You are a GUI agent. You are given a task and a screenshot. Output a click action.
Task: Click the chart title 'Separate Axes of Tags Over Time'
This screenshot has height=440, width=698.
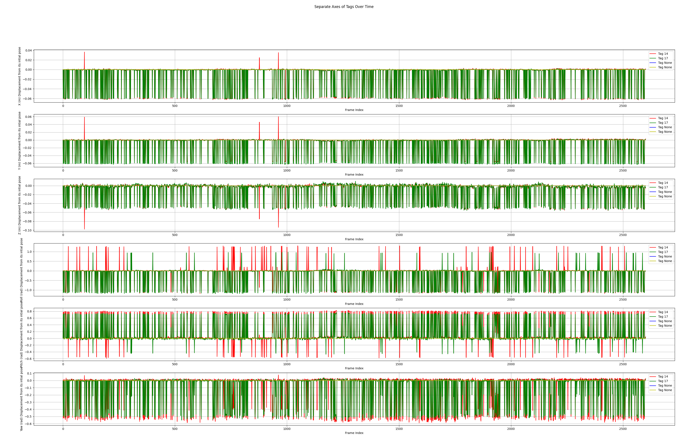(x=344, y=7)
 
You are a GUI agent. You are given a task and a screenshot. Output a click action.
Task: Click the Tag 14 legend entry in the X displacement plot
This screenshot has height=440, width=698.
(x=663, y=54)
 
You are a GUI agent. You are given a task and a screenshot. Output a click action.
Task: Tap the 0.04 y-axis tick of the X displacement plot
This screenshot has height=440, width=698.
(x=28, y=50)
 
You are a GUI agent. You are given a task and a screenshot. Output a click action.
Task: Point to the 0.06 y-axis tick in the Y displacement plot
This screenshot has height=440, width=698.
(x=28, y=117)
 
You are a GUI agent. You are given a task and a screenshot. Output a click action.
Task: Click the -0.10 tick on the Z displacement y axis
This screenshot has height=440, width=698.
(x=28, y=230)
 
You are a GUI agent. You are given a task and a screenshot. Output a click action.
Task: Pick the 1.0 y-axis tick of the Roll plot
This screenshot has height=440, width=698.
(x=29, y=252)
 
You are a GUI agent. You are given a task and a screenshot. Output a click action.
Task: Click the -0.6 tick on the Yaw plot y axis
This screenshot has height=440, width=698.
(x=28, y=424)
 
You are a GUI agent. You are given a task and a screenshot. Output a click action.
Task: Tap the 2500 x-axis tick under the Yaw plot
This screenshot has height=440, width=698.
(x=623, y=429)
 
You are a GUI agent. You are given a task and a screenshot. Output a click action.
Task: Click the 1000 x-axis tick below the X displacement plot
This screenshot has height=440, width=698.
(x=287, y=106)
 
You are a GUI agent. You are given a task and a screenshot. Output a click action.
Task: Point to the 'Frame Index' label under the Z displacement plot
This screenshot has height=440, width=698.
(x=354, y=239)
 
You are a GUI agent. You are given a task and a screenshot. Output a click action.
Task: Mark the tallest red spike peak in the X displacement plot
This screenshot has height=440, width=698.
(x=84, y=52)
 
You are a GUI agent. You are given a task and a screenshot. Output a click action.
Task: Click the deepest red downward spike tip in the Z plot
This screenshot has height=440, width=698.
(x=84, y=229)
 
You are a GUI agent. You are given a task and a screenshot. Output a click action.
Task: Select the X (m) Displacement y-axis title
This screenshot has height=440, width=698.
(x=20, y=76)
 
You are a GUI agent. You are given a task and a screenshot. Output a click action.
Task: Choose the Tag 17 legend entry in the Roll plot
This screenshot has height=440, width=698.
(x=663, y=252)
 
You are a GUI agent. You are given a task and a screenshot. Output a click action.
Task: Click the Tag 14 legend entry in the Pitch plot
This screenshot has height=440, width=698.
(x=663, y=312)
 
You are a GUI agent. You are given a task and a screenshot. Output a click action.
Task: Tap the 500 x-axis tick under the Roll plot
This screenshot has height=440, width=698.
(x=175, y=300)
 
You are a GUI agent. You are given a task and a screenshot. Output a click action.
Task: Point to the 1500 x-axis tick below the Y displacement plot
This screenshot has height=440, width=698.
(x=399, y=170)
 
